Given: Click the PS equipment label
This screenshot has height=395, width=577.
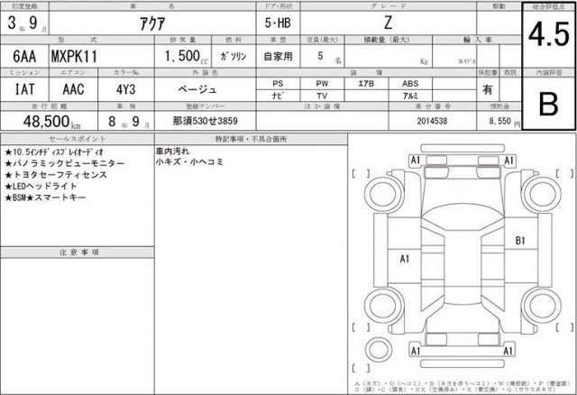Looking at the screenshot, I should point(278,83).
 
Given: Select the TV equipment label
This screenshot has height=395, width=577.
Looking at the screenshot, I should point(322,95).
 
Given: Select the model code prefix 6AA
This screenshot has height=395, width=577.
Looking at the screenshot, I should point(24,57).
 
